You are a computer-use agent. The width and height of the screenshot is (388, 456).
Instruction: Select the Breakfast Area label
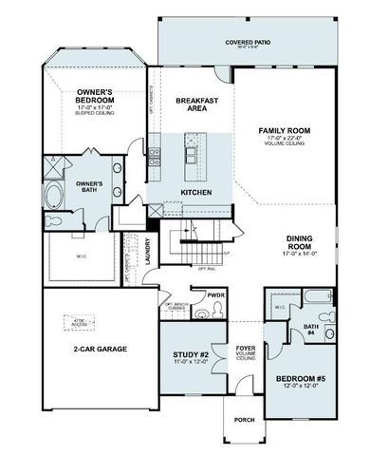pos(198,104)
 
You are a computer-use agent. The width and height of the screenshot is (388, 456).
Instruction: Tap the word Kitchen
pos(196,193)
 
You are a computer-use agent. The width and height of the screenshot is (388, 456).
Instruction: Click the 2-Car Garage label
pos(101,348)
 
